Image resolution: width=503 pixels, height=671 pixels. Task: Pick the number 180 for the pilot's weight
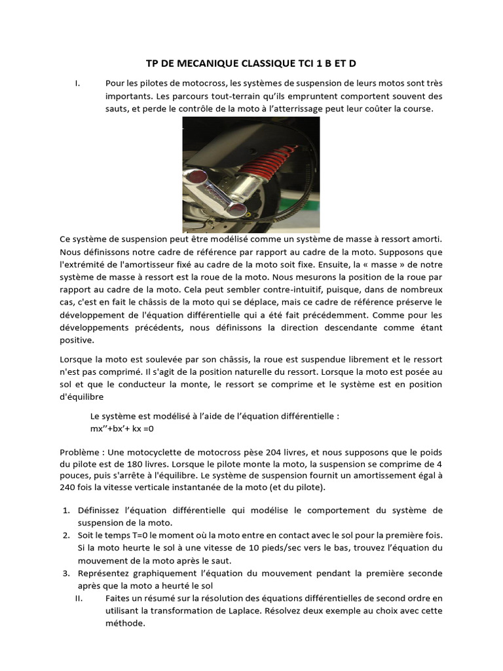[x=119, y=464]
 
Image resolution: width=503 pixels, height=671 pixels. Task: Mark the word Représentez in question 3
[x=103, y=573]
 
